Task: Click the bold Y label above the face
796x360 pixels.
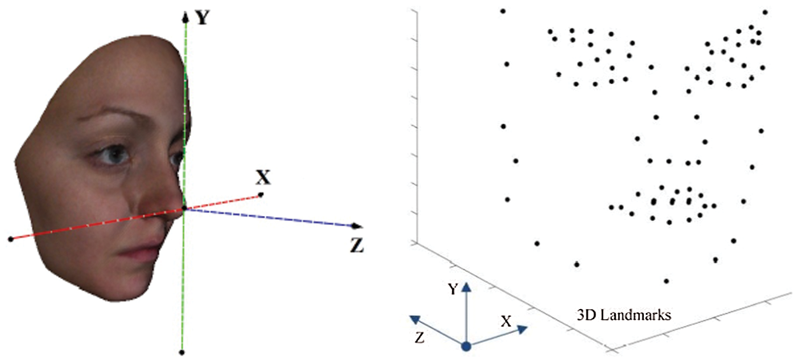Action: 203,17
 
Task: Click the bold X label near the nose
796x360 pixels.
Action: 263,178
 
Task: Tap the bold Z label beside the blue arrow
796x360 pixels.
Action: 357,244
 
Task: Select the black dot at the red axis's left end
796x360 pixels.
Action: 11,239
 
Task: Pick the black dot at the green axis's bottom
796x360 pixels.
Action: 182,352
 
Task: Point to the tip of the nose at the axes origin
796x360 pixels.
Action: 183,208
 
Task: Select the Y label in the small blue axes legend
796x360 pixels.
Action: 452,290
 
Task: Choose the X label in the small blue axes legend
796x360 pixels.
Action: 506,322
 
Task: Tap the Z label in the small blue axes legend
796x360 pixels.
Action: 418,336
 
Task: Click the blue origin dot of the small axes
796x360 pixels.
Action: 466,347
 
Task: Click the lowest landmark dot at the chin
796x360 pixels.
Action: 667,280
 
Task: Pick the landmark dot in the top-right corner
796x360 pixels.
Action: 765,12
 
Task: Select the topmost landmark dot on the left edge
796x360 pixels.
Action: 503,11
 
